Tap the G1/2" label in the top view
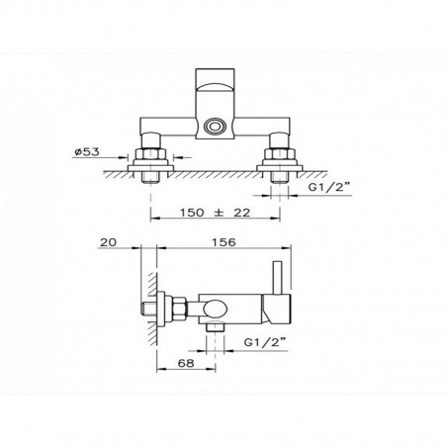(x=326, y=183)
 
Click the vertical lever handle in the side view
(x=280, y=281)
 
